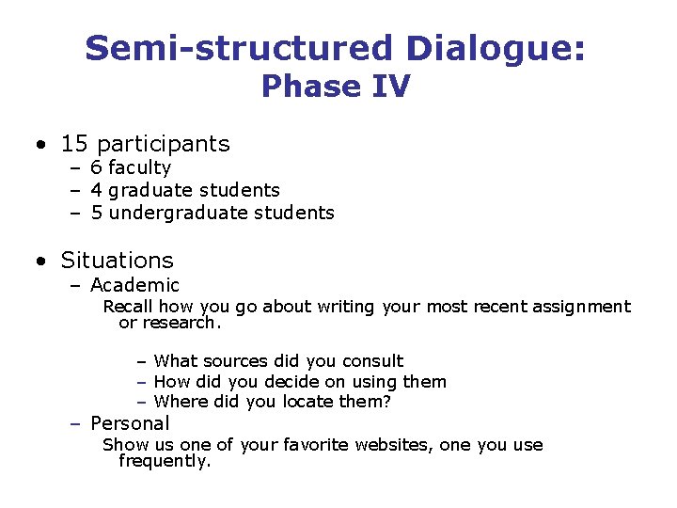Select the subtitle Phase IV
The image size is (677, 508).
tap(336, 87)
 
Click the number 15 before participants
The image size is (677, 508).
tap(74, 144)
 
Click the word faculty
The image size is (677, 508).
tap(139, 168)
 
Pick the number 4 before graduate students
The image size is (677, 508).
tap(96, 191)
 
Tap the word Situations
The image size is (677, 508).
tap(117, 261)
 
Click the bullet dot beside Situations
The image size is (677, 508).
tap(41, 261)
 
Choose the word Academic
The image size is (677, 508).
tap(134, 285)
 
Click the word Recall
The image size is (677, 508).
tap(128, 307)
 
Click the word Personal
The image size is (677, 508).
tap(130, 424)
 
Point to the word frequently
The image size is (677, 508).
tap(165, 461)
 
